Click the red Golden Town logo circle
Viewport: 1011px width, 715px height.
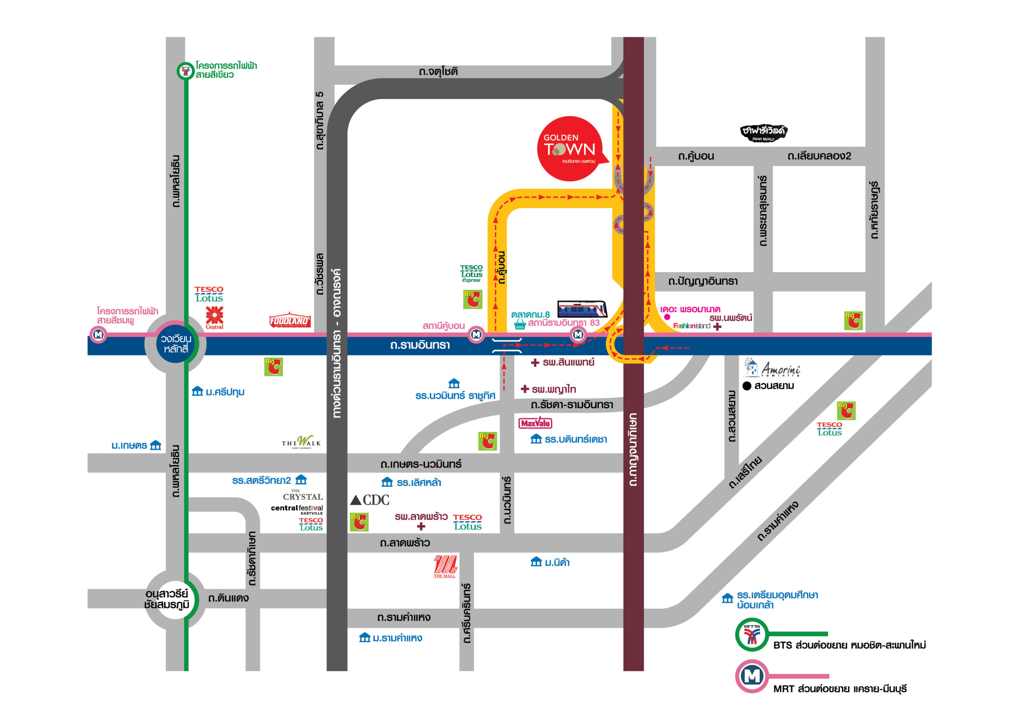click(569, 149)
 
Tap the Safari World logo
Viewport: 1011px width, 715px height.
click(763, 133)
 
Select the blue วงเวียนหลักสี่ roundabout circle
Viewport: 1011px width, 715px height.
click(175, 344)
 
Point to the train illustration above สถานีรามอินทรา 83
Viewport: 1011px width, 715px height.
click(582, 309)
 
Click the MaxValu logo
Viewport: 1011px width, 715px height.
click(535, 423)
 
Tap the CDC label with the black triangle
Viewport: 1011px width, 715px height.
click(370, 500)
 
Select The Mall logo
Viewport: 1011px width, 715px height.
click(445, 566)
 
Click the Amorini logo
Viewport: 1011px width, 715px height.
click(773, 368)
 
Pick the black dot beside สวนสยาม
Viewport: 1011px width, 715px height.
click(747, 386)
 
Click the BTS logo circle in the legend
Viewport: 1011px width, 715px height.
click(752, 634)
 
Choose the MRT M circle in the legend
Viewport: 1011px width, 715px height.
click(752, 676)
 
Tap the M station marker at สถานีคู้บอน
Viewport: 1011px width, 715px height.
click(476, 334)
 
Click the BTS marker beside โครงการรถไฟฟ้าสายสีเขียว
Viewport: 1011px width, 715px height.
click(185, 71)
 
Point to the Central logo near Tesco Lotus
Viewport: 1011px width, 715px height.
click(214, 318)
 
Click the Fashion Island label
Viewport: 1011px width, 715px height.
click(692, 326)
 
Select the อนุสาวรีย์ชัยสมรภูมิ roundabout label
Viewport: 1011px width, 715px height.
click(167, 599)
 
